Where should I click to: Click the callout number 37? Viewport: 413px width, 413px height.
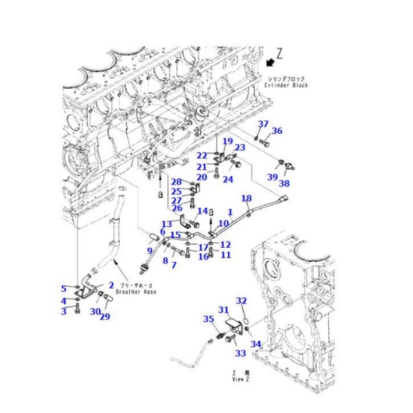click(x=262, y=124)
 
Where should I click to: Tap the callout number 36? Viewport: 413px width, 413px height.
click(x=277, y=131)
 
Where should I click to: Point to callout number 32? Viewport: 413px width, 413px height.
click(x=241, y=301)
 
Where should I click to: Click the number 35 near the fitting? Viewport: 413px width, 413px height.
click(x=209, y=318)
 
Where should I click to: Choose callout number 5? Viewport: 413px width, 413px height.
click(x=64, y=288)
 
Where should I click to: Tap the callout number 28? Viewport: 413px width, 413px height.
click(x=176, y=182)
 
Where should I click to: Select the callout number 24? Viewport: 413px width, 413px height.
click(x=227, y=180)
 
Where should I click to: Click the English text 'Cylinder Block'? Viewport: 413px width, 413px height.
click(x=286, y=85)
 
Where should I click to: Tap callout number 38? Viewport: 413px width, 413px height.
click(x=284, y=184)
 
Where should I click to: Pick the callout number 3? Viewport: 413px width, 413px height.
click(x=65, y=312)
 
